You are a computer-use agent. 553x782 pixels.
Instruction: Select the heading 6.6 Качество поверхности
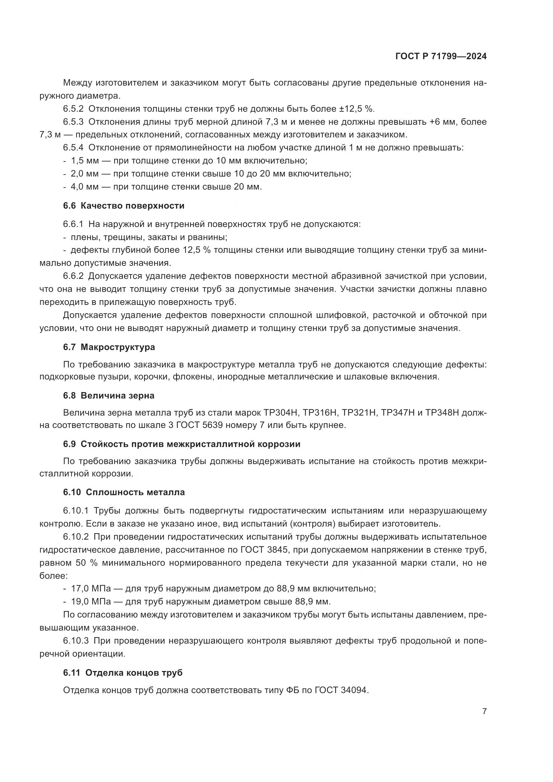(x=124, y=206)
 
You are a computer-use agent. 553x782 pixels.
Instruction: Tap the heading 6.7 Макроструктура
(x=109, y=347)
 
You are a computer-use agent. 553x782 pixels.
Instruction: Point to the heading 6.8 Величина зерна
(x=109, y=396)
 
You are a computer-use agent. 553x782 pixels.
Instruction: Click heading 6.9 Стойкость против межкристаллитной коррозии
(x=182, y=444)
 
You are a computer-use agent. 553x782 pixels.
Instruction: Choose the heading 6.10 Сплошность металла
(x=124, y=492)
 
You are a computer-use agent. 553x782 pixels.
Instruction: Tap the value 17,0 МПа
(x=91, y=588)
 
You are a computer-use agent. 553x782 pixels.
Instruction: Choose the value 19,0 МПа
(x=91, y=601)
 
